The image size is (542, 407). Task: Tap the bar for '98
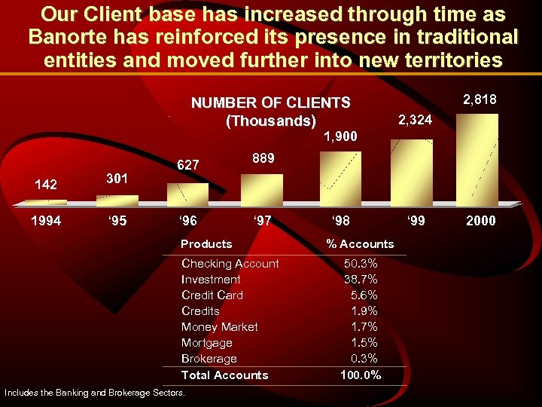340,178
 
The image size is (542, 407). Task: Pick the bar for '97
262,189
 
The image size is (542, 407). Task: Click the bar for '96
187,194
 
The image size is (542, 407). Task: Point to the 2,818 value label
480,99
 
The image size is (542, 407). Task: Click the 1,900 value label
340,136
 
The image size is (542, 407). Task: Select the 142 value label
46,185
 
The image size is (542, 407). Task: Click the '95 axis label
117,222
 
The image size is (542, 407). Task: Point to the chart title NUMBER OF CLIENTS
270,103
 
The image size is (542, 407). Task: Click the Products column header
206,243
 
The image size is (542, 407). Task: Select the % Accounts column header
360,243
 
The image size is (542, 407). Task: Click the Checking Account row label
230,263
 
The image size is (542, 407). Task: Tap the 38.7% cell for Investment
361,279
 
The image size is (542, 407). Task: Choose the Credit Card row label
212,295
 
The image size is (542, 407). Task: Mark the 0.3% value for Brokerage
364,359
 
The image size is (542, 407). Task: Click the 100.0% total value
361,375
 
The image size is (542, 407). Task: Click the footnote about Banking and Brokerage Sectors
94,393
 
